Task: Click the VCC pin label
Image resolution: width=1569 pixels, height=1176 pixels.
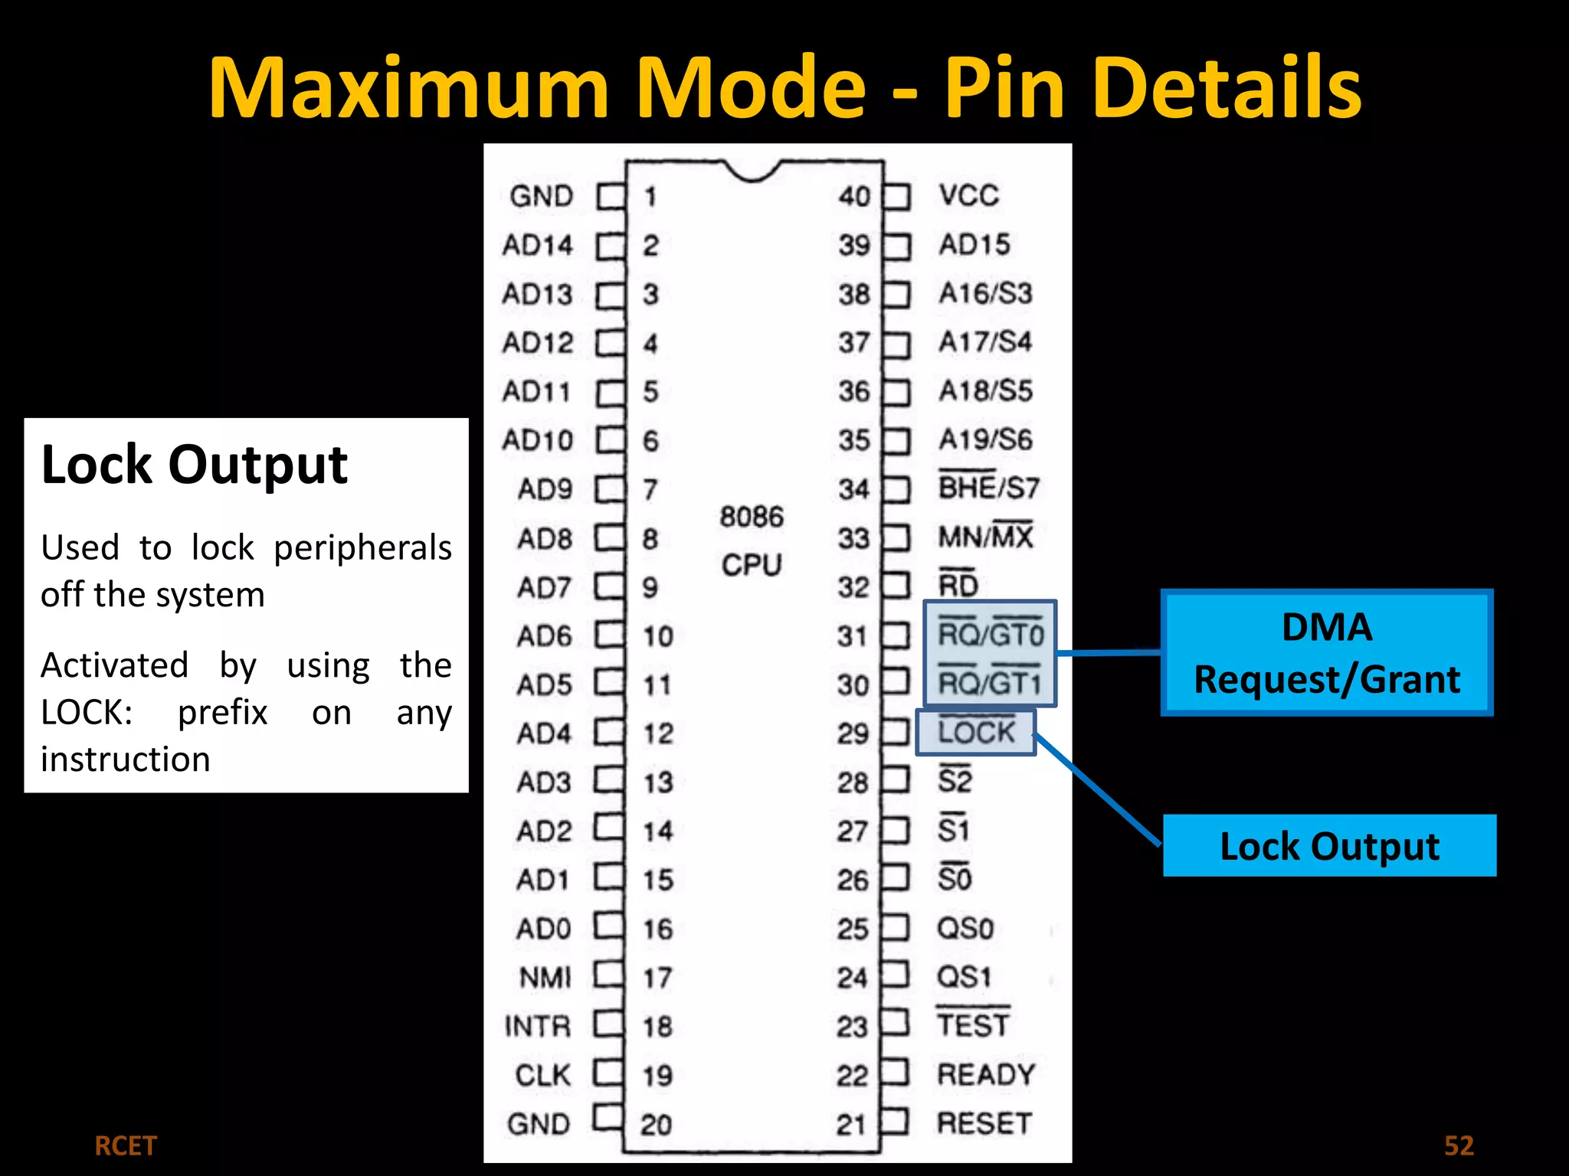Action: (x=969, y=195)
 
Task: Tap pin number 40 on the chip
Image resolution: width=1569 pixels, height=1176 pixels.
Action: (x=853, y=196)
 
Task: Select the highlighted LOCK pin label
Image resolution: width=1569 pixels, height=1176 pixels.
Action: (x=976, y=732)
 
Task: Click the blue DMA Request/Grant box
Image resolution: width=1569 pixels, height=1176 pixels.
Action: (x=1327, y=653)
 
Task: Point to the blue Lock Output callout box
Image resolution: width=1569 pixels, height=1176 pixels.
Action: (x=1329, y=846)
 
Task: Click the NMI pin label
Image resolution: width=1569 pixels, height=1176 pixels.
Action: (x=545, y=978)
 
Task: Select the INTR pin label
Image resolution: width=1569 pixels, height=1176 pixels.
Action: (x=538, y=1026)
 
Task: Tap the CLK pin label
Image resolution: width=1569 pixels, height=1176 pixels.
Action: (x=543, y=1075)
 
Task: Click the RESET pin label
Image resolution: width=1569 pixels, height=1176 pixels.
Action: (x=984, y=1123)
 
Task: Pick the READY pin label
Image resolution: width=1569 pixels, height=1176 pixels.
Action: (x=986, y=1074)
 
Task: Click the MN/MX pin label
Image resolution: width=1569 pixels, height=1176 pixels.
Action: (x=986, y=537)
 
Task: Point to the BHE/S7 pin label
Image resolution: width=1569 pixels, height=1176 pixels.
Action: (x=988, y=488)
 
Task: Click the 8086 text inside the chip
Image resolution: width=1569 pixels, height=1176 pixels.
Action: (x=752, y=517)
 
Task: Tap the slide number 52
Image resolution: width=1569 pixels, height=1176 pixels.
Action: (x=1459, y=1145)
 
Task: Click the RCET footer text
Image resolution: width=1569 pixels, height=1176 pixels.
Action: (x=126, y=1146)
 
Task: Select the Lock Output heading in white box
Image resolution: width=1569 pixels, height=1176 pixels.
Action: (x=195, y=465)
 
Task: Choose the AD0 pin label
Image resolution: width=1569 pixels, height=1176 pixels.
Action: (x=544, y=929)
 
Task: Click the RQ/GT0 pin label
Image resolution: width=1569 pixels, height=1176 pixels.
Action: (x=991, y=634)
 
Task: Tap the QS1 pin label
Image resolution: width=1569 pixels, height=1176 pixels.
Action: (x=964, y=977)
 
